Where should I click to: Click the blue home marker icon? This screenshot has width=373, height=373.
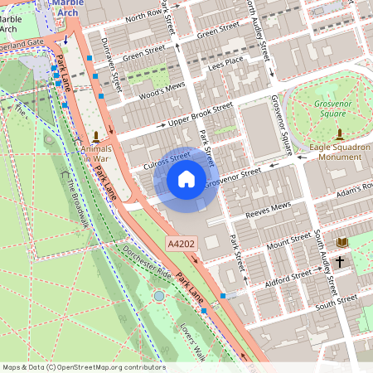coord(186,178)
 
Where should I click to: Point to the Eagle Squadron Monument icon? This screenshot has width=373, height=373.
coord(338,133)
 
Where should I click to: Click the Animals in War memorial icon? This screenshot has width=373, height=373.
coord(96,135)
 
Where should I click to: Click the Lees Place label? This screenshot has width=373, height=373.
coord(226,61)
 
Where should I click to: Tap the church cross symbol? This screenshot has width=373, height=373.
coord(339,262)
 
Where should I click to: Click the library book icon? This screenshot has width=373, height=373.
coord(342,242)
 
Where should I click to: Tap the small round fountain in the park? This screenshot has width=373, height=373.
coord(158,296)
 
